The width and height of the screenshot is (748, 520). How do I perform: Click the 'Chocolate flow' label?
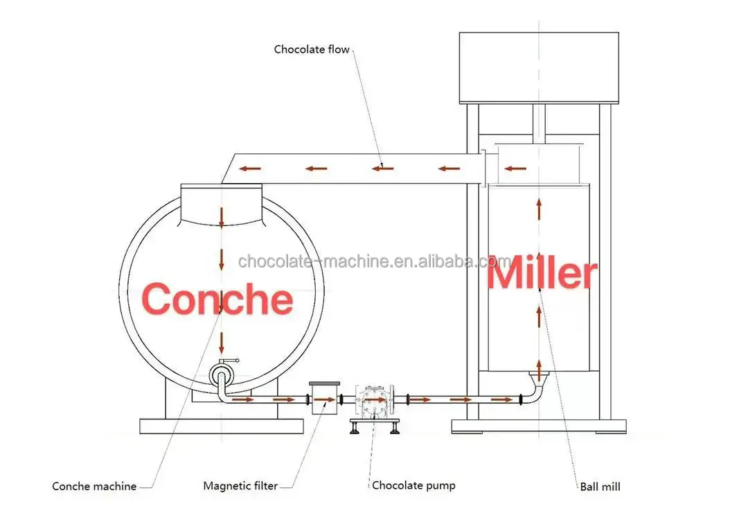pyautogui.click(x=312, y=49)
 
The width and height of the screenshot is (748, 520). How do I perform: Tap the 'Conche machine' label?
pyautogui.click(x=94, y=486)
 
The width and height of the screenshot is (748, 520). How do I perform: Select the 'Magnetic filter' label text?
pyautogui.click(x=240, y=486)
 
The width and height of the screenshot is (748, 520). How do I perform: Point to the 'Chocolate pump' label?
pyautogui.click(x=413, y=485)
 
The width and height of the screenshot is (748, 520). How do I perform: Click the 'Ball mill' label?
pyautogui.click(x=600, y=486)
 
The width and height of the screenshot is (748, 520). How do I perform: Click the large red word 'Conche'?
pyautogui.click(x=217, y=299)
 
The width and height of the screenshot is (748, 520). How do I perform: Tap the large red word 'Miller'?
pyautogui.click(x=542, y=275)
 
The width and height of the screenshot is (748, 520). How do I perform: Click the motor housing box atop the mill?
pyautogui.click(x=538, y=67)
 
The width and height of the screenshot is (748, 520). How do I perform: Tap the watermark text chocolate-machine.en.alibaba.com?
pyautogui.click(x=374, y=261)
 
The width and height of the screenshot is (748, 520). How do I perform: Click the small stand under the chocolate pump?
pyautogui.click(x=374, y=424)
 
